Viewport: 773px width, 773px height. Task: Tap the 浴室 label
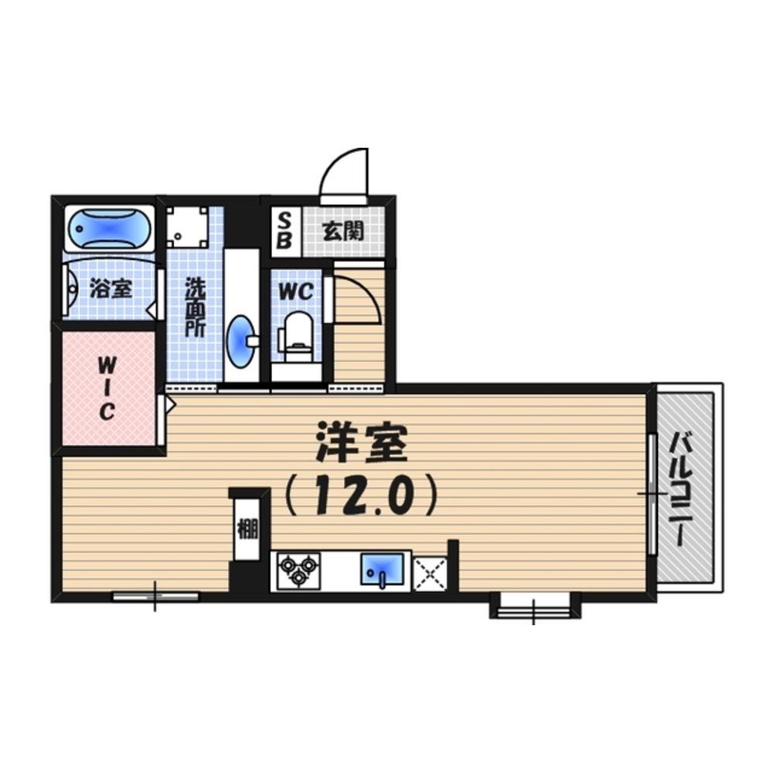point(111,289)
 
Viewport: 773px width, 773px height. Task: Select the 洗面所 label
point(195,307)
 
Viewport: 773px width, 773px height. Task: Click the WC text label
point(296,291)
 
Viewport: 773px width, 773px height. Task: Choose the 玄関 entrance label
point(343,231)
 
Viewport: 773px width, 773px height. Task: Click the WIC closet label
point(107,388)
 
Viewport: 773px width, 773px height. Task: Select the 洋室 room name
point(363,443)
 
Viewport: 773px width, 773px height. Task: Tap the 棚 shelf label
point(247,529)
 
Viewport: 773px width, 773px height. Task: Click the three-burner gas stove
point(298,571)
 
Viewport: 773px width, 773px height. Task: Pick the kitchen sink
point(382,569)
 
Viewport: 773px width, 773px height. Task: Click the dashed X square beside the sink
point(431,574)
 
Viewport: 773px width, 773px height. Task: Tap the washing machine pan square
point(187,227)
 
